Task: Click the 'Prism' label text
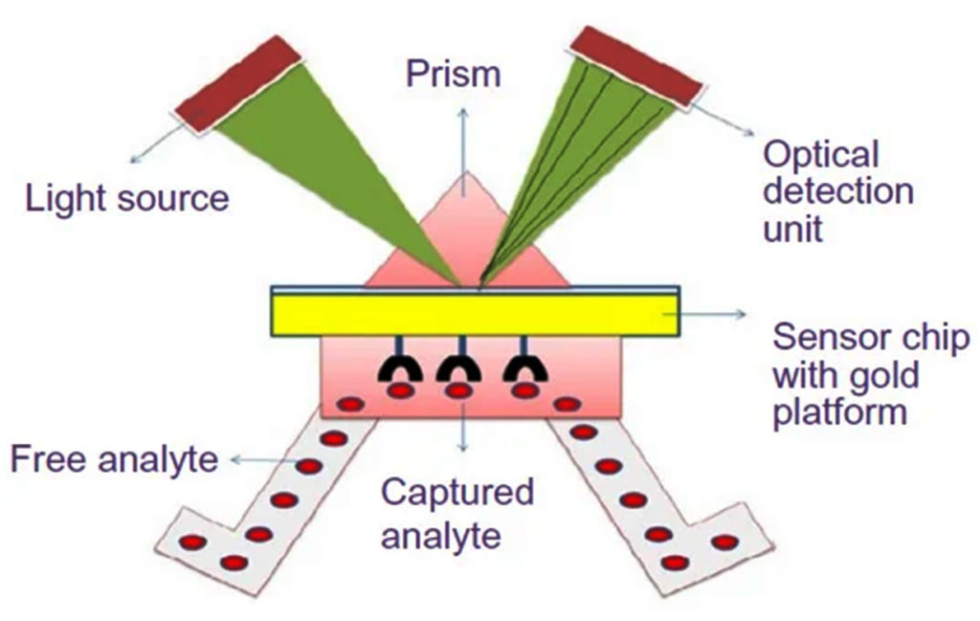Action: pos(453,74)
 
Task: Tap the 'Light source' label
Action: pos(127,198)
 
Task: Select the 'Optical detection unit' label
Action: pos(837,190)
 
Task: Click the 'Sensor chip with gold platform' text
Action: pos(870,374)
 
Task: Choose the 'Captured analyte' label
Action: pos(457,514)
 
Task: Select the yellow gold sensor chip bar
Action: pos(474,315)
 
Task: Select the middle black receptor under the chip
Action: pos(459,368)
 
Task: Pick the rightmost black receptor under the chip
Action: pos(523,368)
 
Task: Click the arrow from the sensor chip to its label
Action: pos(713,314)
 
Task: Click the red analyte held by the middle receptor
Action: pos(459,390)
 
